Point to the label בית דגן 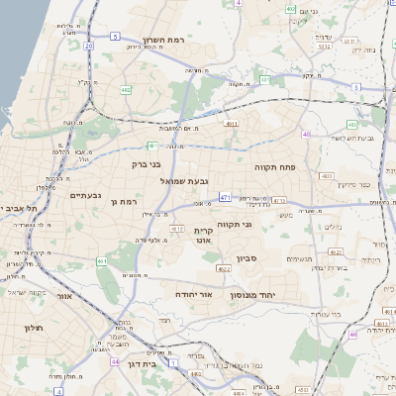(x=144, y=363)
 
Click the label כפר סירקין (x=350, y=185)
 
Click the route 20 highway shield (x=89, y=46)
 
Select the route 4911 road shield (x=232, y=124)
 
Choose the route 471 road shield (x=225, y=197)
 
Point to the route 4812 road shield (x=178, y=229)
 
